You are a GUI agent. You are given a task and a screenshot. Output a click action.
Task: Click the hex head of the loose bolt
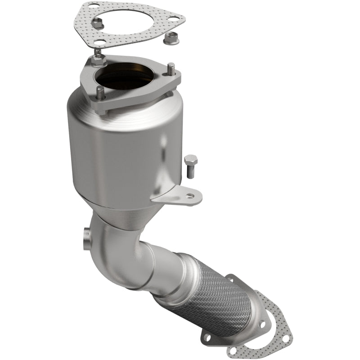[190, 160]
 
